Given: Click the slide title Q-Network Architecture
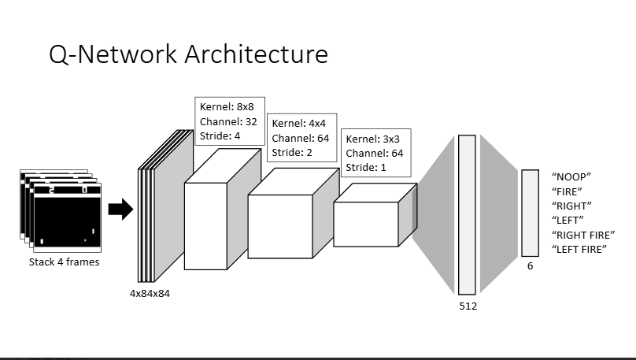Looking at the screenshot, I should click(188, 54).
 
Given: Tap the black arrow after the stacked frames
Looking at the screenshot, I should click(120, 209).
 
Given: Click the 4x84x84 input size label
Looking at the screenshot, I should click(150, 293).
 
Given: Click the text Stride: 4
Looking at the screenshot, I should click(220, 135).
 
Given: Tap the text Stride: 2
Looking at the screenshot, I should click(292, 152).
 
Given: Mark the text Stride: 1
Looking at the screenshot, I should click(366, 167).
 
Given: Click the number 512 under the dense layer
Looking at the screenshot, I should click(468, 306).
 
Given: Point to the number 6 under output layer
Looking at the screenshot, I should click(530, 266).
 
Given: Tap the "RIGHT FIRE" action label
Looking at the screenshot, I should click(584, 235).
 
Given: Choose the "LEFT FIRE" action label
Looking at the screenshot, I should click(580, 249).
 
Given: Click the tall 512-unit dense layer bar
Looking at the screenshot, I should click(467, 214).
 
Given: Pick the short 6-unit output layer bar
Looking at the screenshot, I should click(530, 213).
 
